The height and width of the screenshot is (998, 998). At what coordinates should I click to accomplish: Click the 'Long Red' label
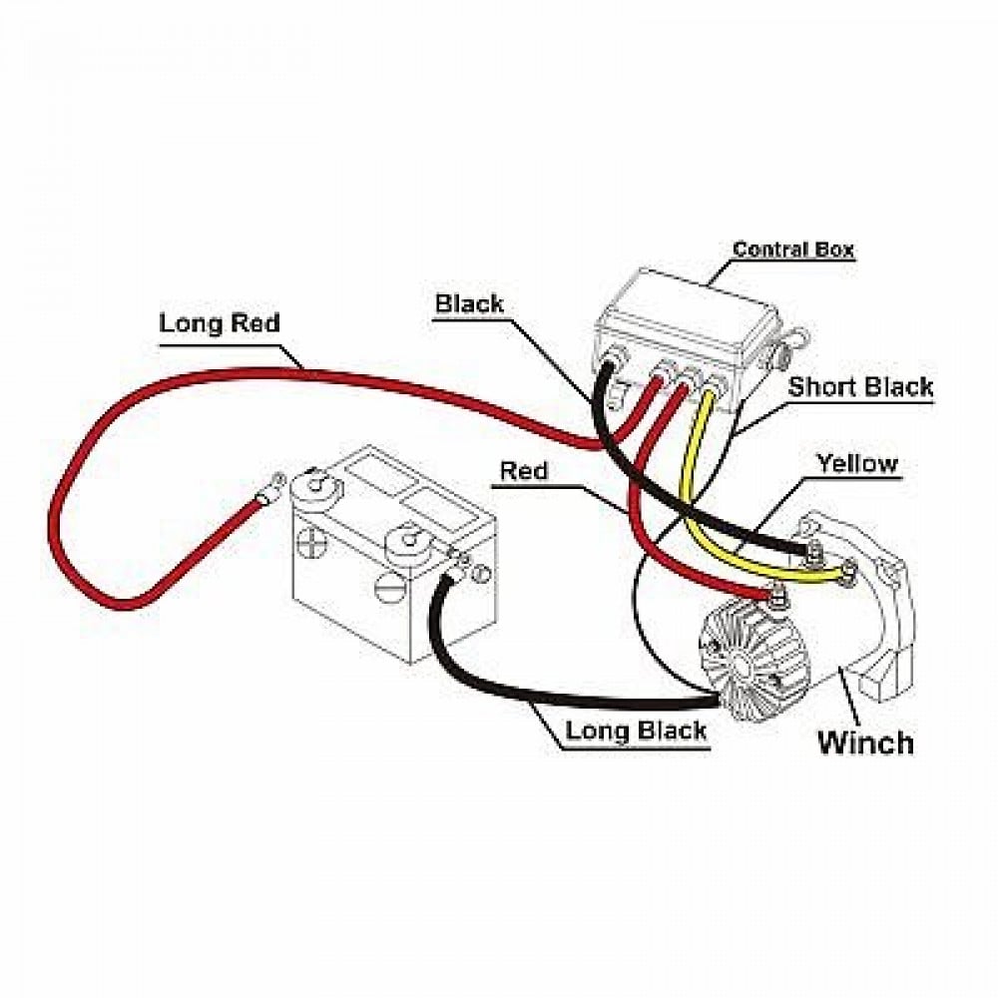tap(219, 322)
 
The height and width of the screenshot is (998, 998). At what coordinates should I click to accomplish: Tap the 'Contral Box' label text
tap(793, 249)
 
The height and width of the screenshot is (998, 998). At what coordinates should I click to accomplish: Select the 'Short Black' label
tap(860, 386)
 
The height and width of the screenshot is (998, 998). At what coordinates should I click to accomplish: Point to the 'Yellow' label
tap(857, 463)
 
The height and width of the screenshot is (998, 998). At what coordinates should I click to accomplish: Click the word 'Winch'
tap(865, 743)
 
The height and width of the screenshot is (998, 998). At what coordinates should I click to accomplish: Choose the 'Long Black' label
tap(636, 731)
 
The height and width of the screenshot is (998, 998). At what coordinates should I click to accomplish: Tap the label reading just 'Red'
tap(523, 471)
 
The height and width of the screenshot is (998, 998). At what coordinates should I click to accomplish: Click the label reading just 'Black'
tap(469, 303)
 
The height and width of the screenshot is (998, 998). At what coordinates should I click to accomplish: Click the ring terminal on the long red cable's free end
tap(270, 488)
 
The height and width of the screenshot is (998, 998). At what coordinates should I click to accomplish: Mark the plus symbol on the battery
tap(308, 546)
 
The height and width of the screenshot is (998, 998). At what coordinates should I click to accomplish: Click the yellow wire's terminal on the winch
tap(847, 573)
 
